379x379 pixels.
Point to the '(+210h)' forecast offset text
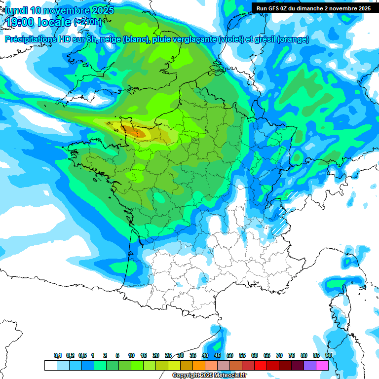[87, 22]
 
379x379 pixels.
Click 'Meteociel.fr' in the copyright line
[229, 376]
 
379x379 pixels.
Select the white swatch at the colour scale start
[50, 366]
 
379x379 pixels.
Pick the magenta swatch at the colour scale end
[323, 366]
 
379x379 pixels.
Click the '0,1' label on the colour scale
[58, 356]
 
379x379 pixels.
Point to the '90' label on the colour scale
[328, 356]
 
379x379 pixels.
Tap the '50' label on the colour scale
[230, 356]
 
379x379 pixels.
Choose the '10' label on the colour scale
[131, 356]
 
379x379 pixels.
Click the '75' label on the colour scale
[292, 356]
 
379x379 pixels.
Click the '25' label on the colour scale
[168, 356]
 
